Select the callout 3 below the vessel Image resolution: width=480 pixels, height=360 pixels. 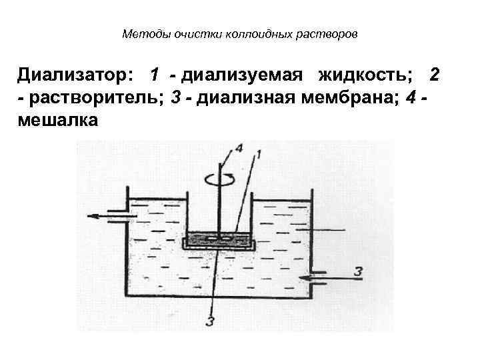pos(211,323)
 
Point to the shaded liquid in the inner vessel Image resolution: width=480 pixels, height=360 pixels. pos(220,238)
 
